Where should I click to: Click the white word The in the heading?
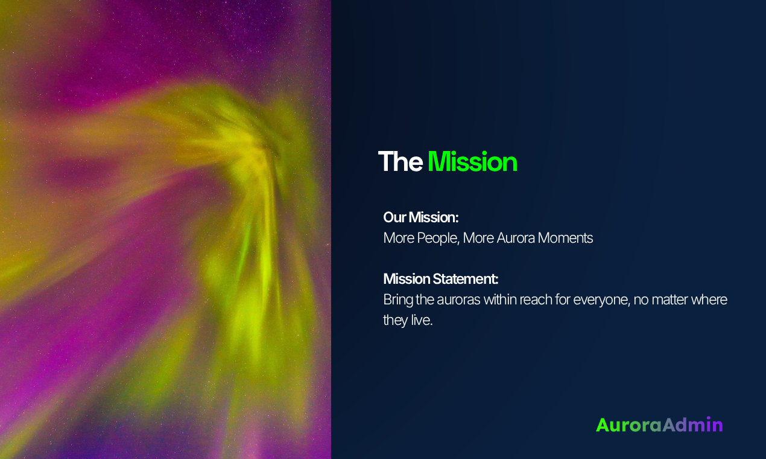tap(400, 162)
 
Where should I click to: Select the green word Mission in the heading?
tap(472, 162)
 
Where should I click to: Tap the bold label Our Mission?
tap(421, 217)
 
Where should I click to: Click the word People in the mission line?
tap(437, 238)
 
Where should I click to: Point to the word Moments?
tap(565, 238)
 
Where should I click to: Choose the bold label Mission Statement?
tap(441, 279)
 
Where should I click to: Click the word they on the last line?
tap(395, 320)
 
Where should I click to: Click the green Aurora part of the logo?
tap(628, 425)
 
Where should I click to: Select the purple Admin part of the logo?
tap(692, 425)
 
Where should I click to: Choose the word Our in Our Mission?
tap(394, 217)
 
